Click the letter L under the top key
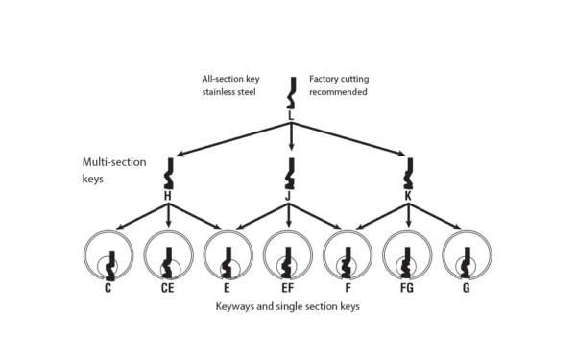[x=290, y=116]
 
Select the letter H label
[x=168, y=195]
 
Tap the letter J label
[x=290, y=195]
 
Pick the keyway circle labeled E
[x=229, y=256]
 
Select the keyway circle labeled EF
[x=290, y=256]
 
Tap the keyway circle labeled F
[x=350, y=256]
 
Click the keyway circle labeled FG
[x=411, y=256]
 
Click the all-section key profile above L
[x=290, y=93]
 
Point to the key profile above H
[x=169, y=173]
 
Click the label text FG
[x=411, y=287]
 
